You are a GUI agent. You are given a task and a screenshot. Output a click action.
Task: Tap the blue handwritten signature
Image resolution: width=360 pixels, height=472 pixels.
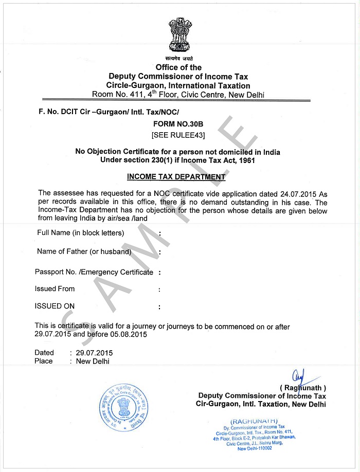(x=301, y=378)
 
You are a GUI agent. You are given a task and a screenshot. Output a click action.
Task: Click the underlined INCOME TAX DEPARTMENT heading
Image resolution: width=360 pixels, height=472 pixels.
(x=176, y=177)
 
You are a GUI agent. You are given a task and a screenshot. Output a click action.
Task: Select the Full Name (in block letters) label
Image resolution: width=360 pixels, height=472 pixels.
(x=81, y=233)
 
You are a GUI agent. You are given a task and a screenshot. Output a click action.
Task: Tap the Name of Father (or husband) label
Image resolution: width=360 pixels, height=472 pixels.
(x=84, y=251)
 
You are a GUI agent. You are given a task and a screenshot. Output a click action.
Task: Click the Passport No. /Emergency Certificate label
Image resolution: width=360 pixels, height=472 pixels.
(x=94, y=272)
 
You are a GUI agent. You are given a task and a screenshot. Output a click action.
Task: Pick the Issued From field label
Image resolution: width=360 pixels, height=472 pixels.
(x=55, y=289)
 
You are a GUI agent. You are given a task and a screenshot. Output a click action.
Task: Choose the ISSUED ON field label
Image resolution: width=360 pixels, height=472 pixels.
(x=55, y=306)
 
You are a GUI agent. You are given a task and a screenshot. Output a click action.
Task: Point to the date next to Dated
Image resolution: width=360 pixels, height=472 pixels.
(x=94, y=353)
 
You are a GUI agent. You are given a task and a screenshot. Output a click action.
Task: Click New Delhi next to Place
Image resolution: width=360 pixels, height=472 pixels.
(x=93, y=361)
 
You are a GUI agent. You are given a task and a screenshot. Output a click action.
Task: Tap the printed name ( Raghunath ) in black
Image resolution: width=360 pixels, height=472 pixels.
(x=303, y=388)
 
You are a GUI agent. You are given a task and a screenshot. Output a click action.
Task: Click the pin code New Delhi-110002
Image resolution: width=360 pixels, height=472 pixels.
(x=255, y=448)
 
